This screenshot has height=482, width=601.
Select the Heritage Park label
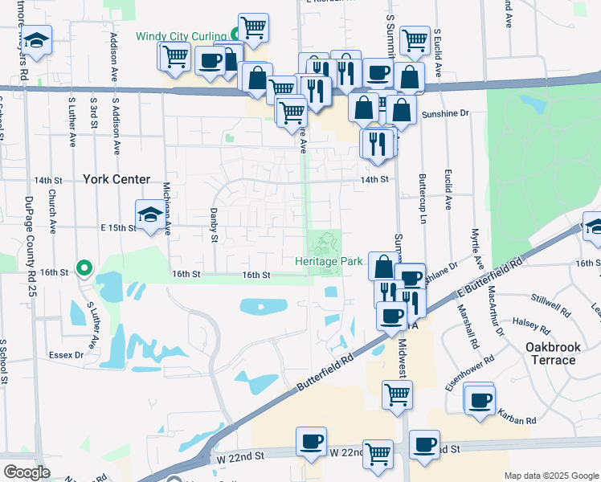tap(329, 261)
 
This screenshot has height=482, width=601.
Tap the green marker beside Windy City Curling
tap(235, 34)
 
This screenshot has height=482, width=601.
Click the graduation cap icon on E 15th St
tap(149, 214)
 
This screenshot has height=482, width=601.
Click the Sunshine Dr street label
tap(444, 114)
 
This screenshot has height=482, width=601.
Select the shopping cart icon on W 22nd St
tap(378, 454)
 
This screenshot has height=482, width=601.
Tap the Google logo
tap(27, 472)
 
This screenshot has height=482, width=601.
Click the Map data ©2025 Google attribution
tap(551, 476)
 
